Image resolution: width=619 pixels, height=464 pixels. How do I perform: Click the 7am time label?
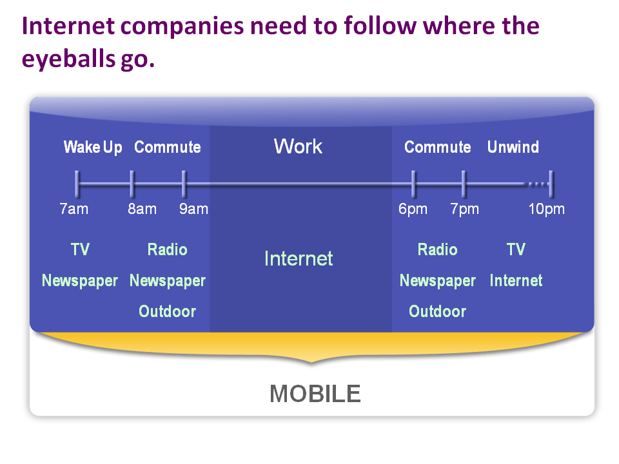click(x=74, y=209)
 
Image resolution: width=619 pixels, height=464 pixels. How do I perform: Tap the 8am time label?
click(x=142, y=209)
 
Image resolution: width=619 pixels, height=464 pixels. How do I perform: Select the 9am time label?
click(x=193, y=209)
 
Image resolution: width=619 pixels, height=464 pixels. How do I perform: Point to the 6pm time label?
click(x=413, y=209)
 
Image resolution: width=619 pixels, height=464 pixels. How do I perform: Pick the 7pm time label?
click(x=465, y=209)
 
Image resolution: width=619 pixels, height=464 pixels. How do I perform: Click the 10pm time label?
click(x=547, y=209)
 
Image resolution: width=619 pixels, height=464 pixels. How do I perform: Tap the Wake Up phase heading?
click(x=93, y=148)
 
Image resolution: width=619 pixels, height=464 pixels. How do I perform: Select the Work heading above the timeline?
click(x=298, y=146)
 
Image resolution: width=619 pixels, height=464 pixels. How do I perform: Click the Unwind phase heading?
click(x=513, y=147)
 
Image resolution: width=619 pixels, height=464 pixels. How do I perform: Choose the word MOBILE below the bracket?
click(x=315, y=393)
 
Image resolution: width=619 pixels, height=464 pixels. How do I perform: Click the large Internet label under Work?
click(x=299, y=259)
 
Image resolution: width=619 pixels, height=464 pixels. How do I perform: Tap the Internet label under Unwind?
click(x=516, y=280)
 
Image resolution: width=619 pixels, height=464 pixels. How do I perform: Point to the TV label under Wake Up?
click(x=80, y=249)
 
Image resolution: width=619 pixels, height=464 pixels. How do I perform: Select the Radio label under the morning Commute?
click(x=168, y=249)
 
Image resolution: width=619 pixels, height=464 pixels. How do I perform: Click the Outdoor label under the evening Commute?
click(x=437, y=311)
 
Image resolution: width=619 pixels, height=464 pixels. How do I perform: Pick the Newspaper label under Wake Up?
click(x=80, y=281)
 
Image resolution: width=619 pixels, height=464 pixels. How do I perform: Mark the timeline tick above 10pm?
click(x=551, y=184)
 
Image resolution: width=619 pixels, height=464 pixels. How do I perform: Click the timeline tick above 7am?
click(x=77, y=184)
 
